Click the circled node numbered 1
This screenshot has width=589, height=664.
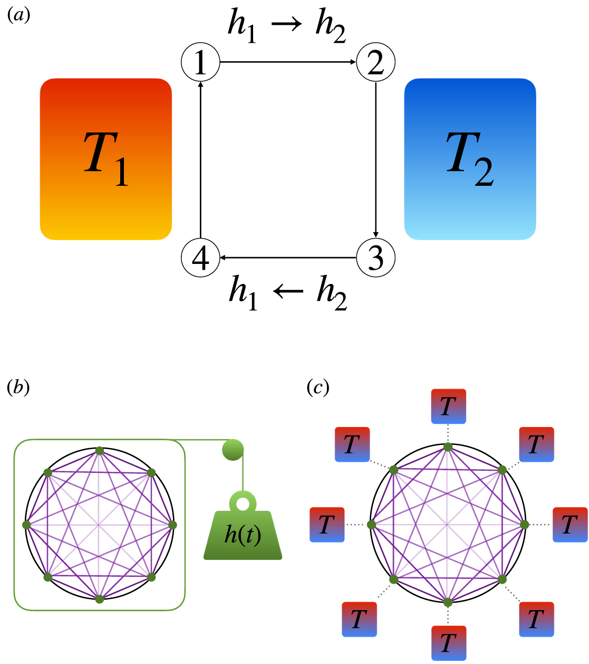pyautogui.click(x=200, y=62)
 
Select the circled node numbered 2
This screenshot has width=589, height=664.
pyautogui.click(x=375, y=62)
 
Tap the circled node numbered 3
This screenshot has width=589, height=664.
pyautogui.click(x=375, y=258)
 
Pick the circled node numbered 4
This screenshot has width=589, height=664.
pyautogui.click(x=200, y=258)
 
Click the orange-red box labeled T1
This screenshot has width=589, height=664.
pyautogui.click(x=106, y=159)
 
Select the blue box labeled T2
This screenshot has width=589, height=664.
pyautogui.click(x=470, y=159)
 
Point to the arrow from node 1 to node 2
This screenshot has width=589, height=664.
pyautogui.click(x=288, y=62)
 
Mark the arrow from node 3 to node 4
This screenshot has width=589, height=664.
pyautogui.click(x=288, y=258)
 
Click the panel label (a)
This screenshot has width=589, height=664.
pyautogui.click(x=18, y=15)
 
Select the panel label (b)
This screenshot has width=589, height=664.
pyautogui.click(x=18, y=387)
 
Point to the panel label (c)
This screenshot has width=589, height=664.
pyautogui.click(x=317, y=387)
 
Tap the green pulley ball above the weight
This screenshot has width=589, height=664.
pyautogui.click(x=233, y=450)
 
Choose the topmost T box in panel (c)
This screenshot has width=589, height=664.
pyautogui.click(x=448, y=406)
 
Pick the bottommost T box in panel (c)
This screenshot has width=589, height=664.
pyautogui.click(x=448, y=643)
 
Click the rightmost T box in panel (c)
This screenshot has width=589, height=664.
pyautogui.click(x=569, y=525)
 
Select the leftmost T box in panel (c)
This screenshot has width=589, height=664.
pyautogui.click(x=327, y=525)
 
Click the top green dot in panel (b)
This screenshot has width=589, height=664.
pyautogui.click(x=99, y=450)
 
